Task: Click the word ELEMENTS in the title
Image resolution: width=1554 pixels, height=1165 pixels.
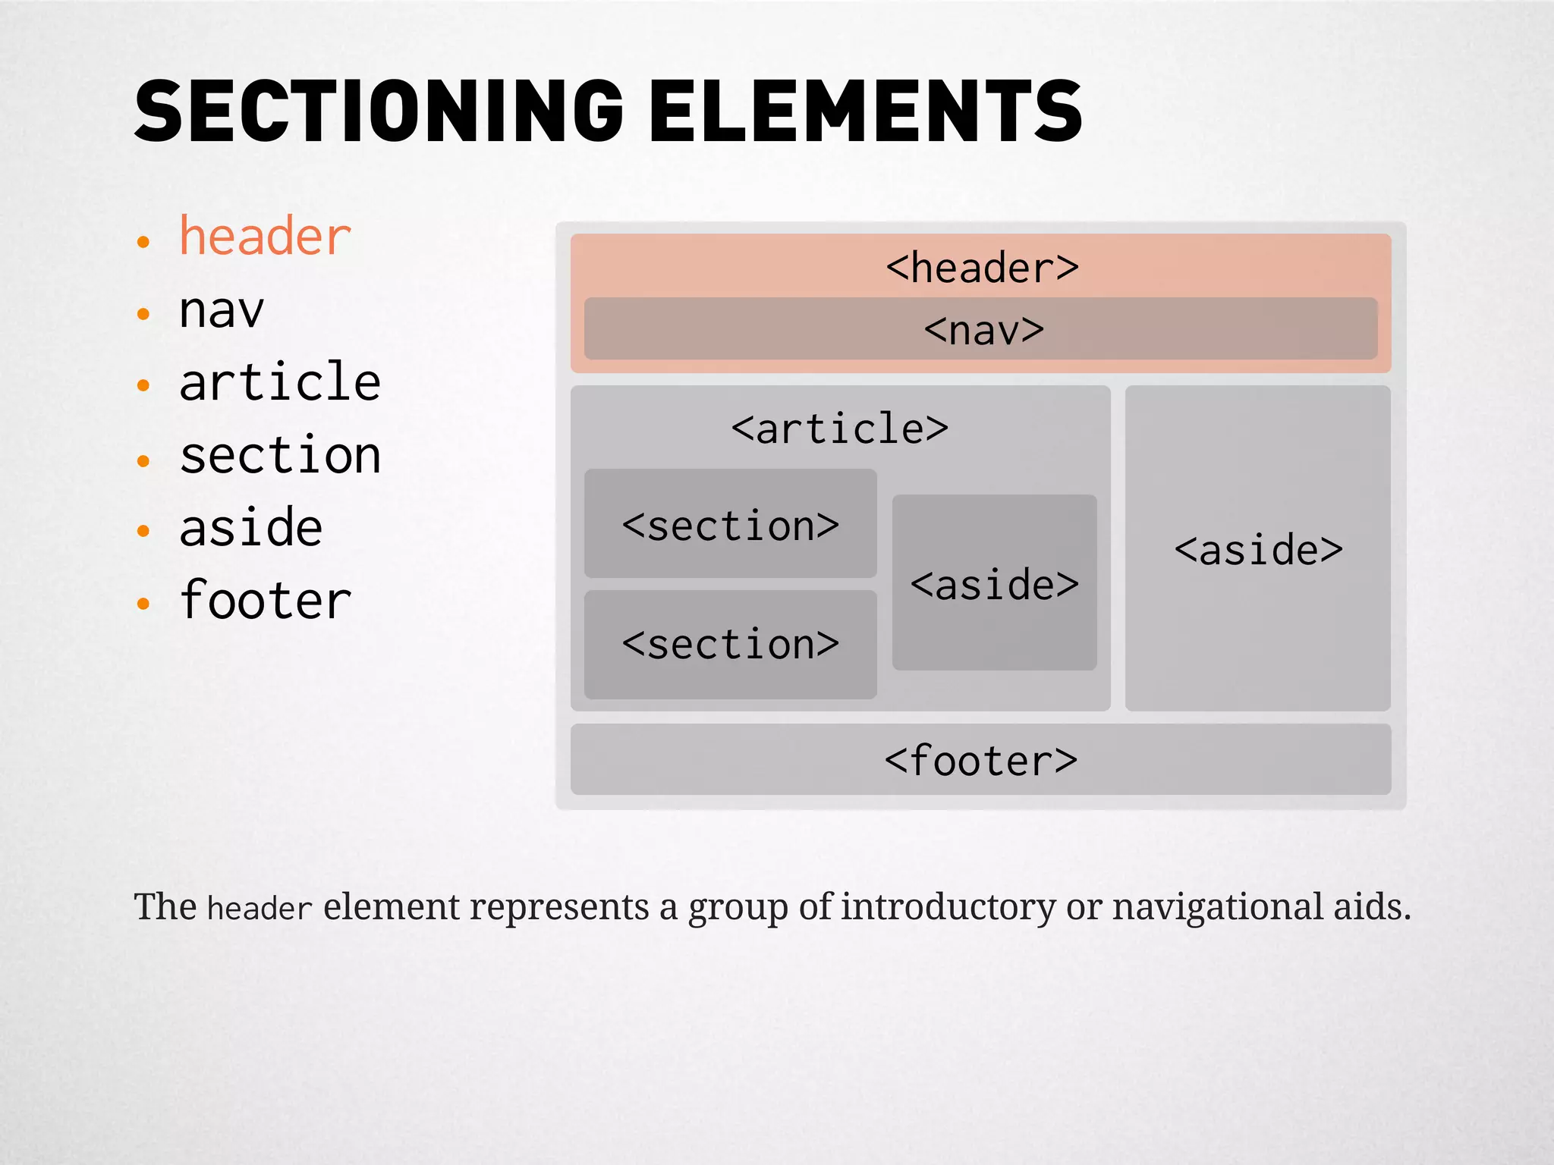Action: click(x=865, y=112)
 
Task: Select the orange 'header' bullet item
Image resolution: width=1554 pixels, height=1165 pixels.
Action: click(x=265, y=237)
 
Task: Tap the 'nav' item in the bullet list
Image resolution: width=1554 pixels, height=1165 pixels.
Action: click(x=222, y=310)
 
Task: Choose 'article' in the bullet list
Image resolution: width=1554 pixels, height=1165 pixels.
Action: click(x=280, y=382)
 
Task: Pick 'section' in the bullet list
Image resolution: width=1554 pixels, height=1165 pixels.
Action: click(x=280, y=456)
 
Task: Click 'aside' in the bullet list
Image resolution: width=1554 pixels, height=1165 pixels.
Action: click(x=251, y=528)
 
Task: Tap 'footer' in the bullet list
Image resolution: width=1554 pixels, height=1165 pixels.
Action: click(x=265, y=601)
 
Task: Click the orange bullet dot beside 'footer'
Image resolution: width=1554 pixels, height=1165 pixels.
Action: click(x=143, y=604)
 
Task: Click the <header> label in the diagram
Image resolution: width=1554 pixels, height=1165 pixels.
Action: click(x=982, y=268)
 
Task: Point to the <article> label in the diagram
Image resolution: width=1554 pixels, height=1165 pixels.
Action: click(x=839, y=429)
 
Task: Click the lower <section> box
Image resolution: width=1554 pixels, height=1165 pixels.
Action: click(x=730, y=645)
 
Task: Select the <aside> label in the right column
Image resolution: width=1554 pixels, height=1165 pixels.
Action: click(x=1258, y=550)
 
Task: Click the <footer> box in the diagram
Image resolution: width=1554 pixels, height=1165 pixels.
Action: click(x=980, y=760)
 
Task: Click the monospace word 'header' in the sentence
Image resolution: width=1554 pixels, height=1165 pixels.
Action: click(x=260, y=909)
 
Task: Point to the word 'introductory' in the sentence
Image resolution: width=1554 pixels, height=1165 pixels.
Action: click(x=948, y=907)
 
